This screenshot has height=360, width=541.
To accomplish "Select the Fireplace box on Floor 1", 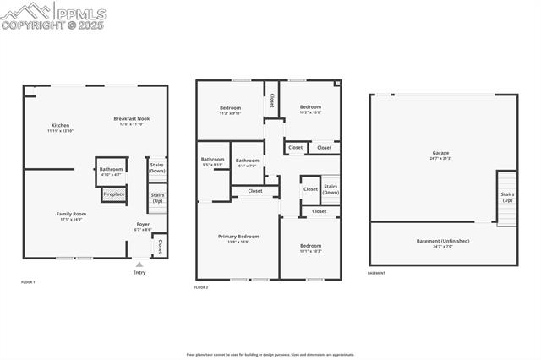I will coord(113,194).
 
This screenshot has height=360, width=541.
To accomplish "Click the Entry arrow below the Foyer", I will coord(139,265).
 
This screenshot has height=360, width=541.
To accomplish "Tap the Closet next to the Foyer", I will coord(159,245).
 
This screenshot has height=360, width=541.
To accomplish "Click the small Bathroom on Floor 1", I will coord(112,171).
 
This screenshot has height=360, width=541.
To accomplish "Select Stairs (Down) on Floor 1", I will coord(157,168).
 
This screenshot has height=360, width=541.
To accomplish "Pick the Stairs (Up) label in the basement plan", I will coord(506,198).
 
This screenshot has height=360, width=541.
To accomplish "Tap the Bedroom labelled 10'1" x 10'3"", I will coord(310,248).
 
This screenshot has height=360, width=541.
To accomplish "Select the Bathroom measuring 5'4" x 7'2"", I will coord(248,162).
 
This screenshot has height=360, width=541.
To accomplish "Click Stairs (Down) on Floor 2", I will coord(331,188).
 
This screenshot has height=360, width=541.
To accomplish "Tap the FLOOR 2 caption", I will coord(201,288).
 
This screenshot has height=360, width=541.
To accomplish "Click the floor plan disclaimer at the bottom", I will coord(270,355).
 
